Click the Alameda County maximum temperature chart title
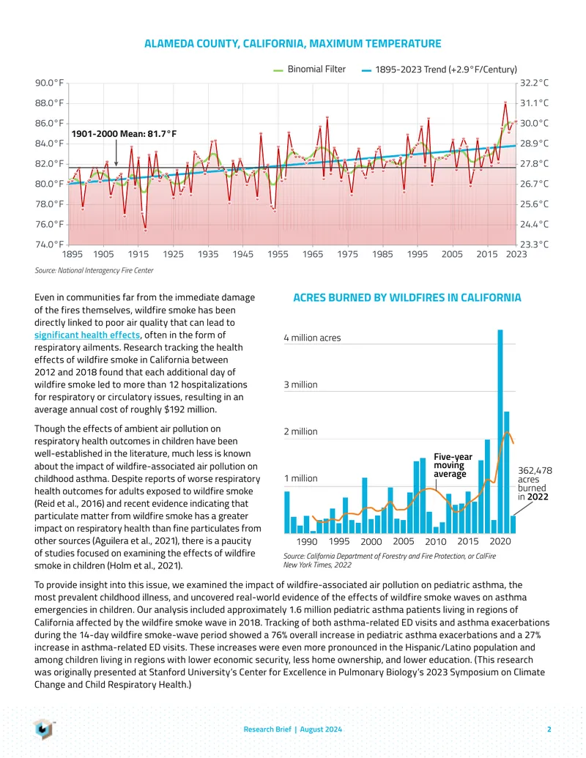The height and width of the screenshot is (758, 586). coord(292,43)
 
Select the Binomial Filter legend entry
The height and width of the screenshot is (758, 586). coord(309,69)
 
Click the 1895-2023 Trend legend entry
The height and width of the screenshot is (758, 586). coord(439,70)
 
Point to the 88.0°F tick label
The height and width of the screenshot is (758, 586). coord(49,103)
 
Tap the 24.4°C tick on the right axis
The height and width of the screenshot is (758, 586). coord(534,224)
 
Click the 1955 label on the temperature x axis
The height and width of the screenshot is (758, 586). coord(278,254)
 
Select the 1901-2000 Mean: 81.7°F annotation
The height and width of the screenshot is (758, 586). coord(125,133)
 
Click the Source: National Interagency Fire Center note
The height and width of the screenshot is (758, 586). coord(94,271)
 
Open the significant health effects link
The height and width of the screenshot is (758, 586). coord(87,335)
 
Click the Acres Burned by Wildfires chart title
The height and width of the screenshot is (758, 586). coord(407,297)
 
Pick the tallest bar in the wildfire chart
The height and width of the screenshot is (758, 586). coord(500,431)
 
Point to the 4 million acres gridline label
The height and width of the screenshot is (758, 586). coord(312,338)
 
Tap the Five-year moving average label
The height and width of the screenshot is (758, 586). coord(453,465)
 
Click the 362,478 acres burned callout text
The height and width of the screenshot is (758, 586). coord(535,483)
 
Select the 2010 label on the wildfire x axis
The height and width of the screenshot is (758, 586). coord(436,541)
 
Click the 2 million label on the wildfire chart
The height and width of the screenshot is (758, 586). coord(301,431)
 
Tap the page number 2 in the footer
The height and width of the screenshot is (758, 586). coord(549,729)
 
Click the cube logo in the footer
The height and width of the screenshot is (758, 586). coord(43,729)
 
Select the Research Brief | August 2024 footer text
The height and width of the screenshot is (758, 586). coord(292,729)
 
